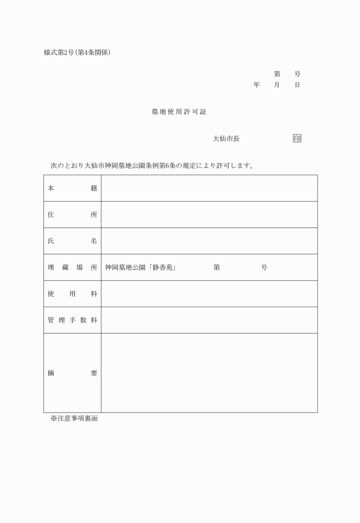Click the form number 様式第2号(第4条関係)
click(77, 53)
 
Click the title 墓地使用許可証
click(179, 112)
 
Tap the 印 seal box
click(297, 138)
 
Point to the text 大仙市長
click(226, 139)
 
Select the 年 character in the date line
click(257, 85)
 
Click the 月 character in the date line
click(277, 85)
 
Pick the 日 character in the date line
click(297, 85)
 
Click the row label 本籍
click(72, 188)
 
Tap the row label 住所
click(72, 215)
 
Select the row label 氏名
click(72, 241)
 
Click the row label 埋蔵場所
click(72, 268)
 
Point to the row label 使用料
click(72, 294)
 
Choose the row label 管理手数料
click(72, 320)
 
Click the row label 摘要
click(72, 373)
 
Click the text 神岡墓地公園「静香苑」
click(140, 268)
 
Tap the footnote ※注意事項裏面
click(74, 419)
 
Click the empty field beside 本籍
click(209, 188)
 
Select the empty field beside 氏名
click(209, 241)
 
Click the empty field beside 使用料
click(209, 294)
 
